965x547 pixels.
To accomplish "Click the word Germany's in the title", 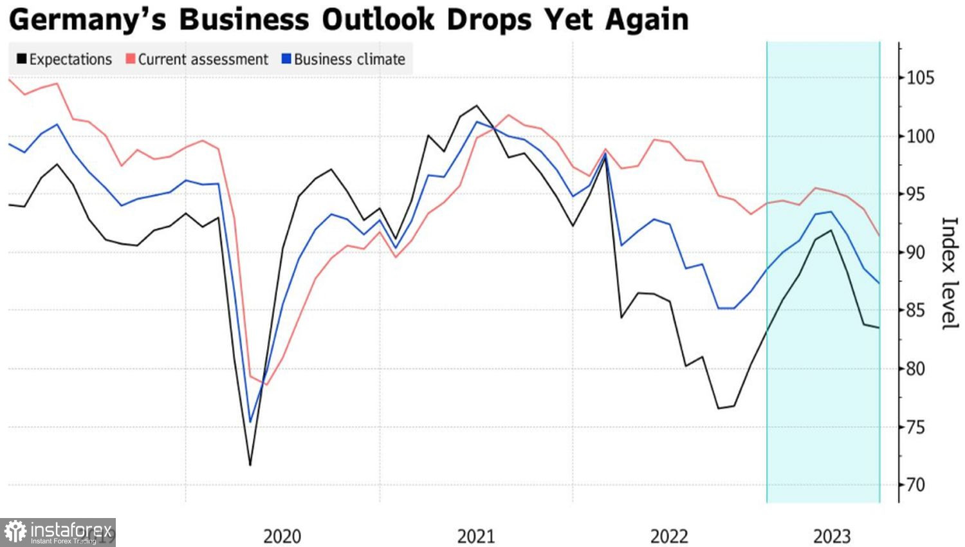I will (x=87, y=20).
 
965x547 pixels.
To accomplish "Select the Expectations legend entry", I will (x=64, y=59).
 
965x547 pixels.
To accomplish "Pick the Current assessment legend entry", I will (x=197, y=59).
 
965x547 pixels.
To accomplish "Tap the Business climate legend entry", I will (x=344, y=59).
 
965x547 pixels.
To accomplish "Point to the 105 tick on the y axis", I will (x=921, y=78).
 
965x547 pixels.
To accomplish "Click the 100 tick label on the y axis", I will (x=921, y=136).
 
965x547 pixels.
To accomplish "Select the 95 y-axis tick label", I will (x=921, y=194).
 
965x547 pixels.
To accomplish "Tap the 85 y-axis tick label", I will (x=921, y=311).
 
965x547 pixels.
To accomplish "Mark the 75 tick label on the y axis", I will (x=921, y=427).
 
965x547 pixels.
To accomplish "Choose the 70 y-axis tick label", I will (x=921, y=485).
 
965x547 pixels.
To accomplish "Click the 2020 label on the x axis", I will (x=282, y=536).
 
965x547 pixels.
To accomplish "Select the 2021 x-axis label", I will (x=476, y=536).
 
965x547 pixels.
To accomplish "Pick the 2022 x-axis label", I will (x=669, y=536).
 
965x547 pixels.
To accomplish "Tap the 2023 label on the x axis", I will (x=832, y=536).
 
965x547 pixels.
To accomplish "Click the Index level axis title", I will (x=950, y=273).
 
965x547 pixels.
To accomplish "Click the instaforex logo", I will (x=58, y=532).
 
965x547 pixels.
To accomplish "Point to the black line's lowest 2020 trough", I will (x=250, y=465).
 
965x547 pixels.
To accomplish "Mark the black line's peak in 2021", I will (x=477, y=106).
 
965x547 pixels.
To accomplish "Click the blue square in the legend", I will (x=286, y=59).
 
